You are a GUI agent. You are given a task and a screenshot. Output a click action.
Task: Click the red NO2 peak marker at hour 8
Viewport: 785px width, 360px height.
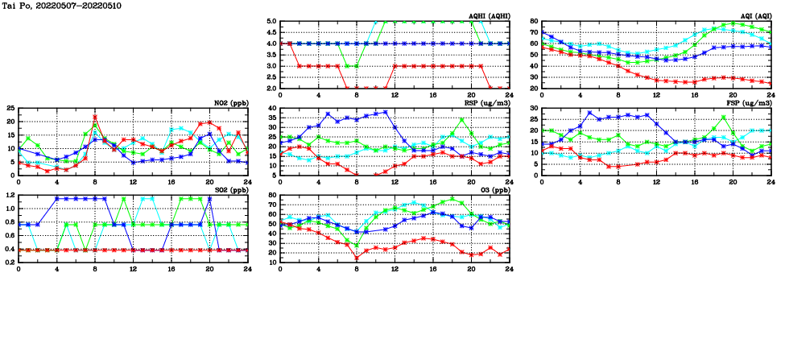[x=95, y=117]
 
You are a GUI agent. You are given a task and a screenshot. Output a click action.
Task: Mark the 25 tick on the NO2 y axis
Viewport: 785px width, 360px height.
[x=10, y=108]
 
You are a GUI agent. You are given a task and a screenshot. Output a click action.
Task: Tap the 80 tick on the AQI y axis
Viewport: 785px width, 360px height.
[x=534, y=22]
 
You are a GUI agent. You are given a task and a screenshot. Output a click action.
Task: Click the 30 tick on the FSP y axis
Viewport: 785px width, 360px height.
[x=534, y=109]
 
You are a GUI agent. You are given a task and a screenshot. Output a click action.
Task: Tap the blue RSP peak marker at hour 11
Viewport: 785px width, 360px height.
[x=386, y=112]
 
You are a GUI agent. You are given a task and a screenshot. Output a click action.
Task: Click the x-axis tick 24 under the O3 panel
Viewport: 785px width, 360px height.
[x=509, y=267]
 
